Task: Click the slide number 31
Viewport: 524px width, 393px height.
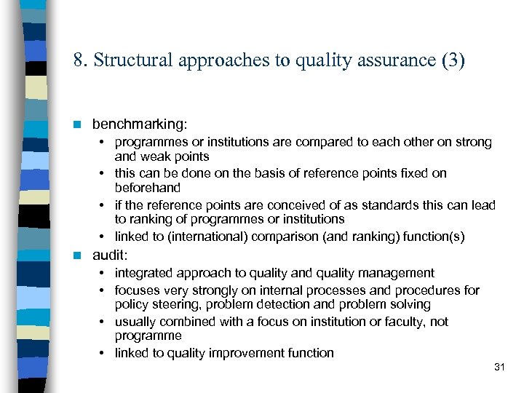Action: point(499,368)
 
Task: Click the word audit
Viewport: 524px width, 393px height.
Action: point(110,255)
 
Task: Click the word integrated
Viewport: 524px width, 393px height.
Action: point(142,273)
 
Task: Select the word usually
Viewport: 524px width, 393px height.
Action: point(138,322)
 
